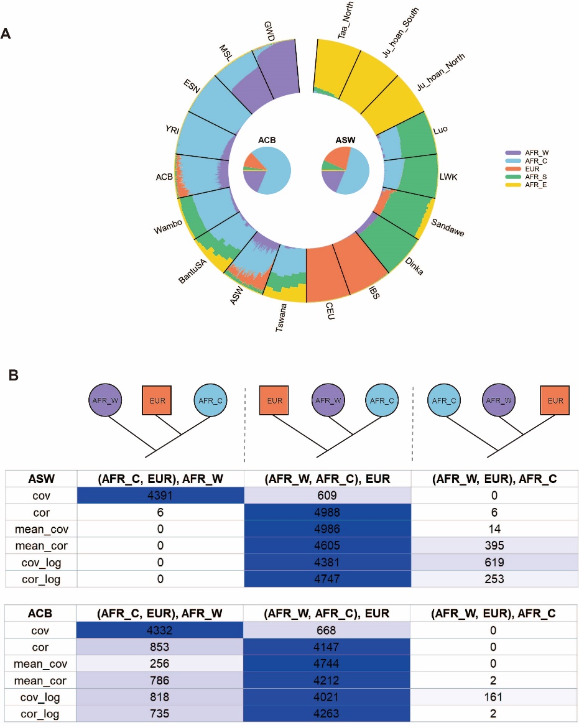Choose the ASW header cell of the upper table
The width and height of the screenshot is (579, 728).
click(40, 479)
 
